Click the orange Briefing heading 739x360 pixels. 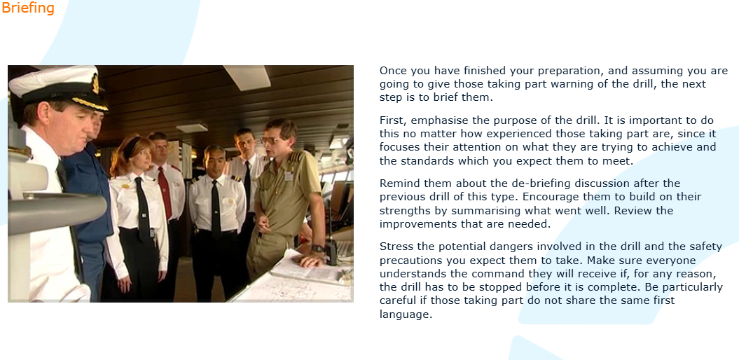pyautogui.click(x=28, y=8)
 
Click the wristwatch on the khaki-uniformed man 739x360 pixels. pyautogui.click(x=318, y=249)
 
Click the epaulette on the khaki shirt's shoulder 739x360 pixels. pyautogui.click(x=296, y=156)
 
